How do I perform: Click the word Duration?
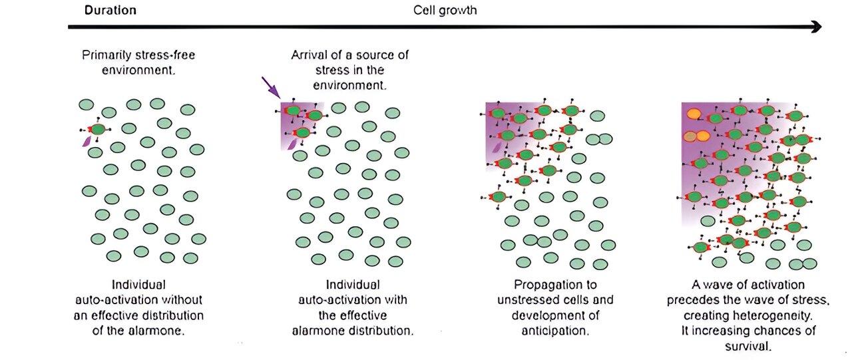click(x=110, y=10)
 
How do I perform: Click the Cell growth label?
click(x=445, y=10)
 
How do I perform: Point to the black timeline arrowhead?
click(x=816, y=27)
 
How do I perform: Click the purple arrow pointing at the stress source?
click(x=271, y=87)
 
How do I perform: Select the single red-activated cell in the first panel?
click(x=98, y=130)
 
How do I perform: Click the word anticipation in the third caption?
click(x=555, y=331)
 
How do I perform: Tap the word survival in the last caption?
click(x=747, y=346)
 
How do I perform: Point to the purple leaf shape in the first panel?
click(x=87, y=142)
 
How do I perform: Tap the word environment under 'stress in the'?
click(x=349, y=86)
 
